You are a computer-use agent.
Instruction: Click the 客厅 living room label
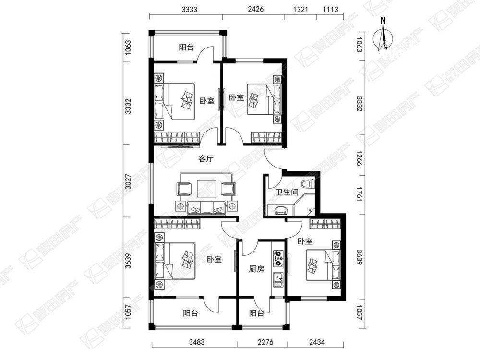[206, 158]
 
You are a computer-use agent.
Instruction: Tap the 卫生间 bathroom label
[287, 192]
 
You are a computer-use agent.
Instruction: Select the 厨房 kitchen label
[256, 269]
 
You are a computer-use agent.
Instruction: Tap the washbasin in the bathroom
[280, 210]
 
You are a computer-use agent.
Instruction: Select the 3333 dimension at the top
[189, 9]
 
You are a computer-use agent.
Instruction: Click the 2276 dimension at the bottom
[265, 342]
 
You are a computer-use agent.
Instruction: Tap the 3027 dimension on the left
[129, 181]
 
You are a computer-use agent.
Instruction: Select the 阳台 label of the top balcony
[186, 47]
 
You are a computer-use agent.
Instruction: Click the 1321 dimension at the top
[300, 9]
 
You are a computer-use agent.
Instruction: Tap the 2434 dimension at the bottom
[317, 342]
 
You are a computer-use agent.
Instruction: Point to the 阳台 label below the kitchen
[256, 313]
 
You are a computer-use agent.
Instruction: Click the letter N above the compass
[383, 21]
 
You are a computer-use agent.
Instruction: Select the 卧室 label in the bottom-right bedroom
[305, 241]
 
